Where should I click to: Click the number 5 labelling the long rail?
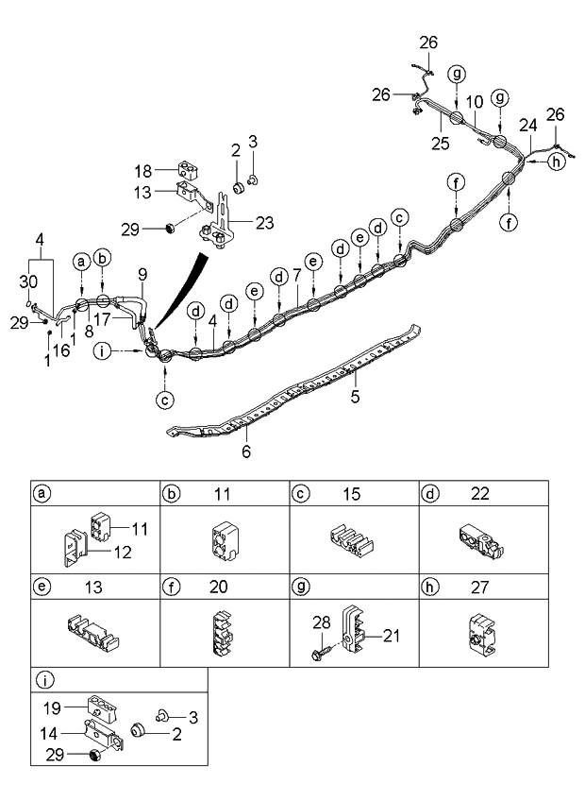point(356,397)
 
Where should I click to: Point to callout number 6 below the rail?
point(245,452)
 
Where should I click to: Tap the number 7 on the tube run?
point(296,275)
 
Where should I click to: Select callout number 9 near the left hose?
point(142,275)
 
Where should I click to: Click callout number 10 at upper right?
point(475,100)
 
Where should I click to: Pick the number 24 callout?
point(527,125)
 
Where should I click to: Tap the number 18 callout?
point(169,172)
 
